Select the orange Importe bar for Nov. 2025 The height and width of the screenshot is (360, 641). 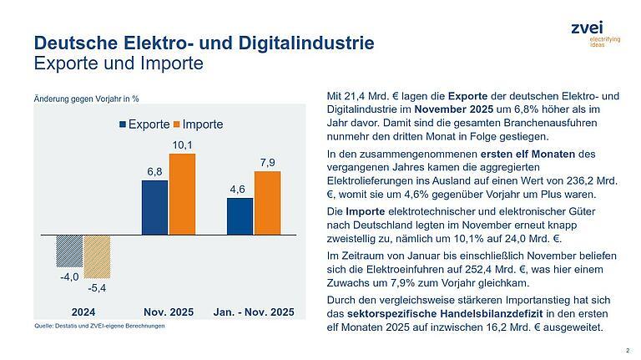[x=182, y=194]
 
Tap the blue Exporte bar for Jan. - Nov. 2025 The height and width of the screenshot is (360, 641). [x=240, y=216]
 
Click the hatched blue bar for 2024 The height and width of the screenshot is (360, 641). [x=69, y=251]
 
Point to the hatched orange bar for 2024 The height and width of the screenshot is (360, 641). [x=97, y=257]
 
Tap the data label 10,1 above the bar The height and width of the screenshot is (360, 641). [x=183, y=145]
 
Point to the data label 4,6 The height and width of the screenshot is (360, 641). [x=239, y=189]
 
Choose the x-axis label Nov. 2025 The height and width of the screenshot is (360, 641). [x=169, y=312]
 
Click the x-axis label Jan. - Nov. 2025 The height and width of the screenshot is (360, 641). [x=254, y=312]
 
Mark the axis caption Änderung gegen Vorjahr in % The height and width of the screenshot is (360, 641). [x=86, y=100]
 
